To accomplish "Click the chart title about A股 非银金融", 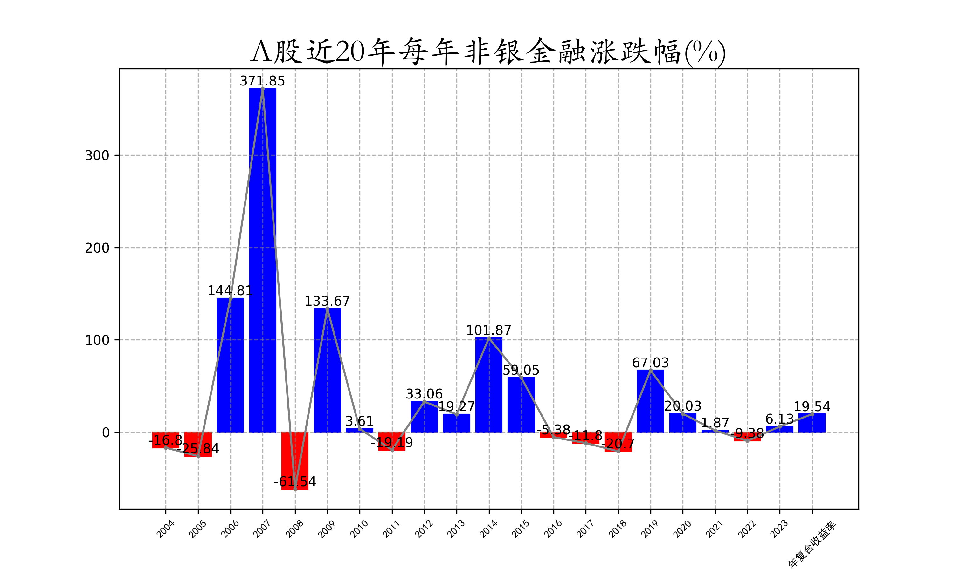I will click(488, 52).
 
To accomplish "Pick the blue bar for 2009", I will click(328, 370).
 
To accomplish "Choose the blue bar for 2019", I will click(651, 401).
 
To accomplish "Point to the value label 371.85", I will click(262, 81).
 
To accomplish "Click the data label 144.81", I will click(230, 291).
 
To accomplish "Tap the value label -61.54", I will click(295, 482).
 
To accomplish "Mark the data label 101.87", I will click(489, 330).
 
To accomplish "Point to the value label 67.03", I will click(651, 363).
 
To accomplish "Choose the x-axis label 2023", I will click(779, 529).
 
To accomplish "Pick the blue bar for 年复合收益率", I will click(812, 423).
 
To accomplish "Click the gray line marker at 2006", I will click(231, 299).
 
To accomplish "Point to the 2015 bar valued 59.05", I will click(521, 405).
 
